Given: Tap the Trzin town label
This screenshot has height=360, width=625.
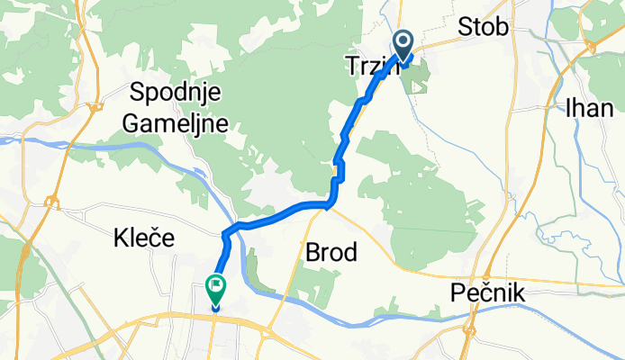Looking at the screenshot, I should (x=370, y=65).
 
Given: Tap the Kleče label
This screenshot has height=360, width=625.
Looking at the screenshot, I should (x=144, y=238).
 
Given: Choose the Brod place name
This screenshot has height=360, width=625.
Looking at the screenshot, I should (x=331, y=252).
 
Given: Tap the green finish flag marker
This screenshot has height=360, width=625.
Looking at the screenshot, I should (x=216, y=289).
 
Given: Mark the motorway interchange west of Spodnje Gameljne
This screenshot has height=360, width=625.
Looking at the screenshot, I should (x=93, y=110).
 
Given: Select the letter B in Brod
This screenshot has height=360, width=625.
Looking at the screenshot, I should (x=312, y=252).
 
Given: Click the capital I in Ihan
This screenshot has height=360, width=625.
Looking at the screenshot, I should (x=568, y=109).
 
